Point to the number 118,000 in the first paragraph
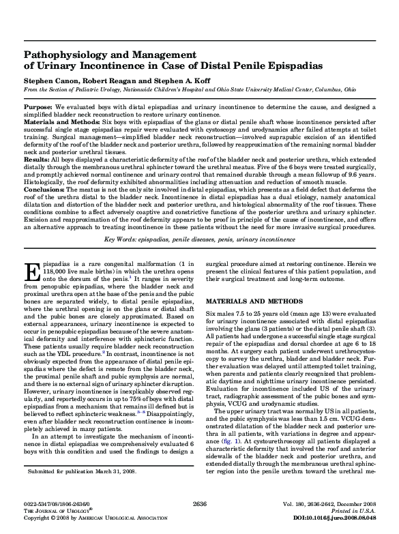pos(36,289)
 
